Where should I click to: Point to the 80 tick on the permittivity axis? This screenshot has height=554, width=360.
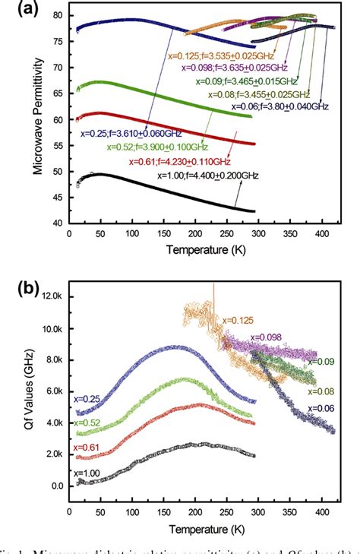[x=58, y=16]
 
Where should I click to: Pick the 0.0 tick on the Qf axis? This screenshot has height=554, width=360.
[x=57, y=486]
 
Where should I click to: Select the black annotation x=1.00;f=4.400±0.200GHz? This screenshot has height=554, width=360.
[x=207, y=175]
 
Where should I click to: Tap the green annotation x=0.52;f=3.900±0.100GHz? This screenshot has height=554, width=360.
[x=156, y=147]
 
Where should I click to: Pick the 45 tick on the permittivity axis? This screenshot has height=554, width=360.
[x=58, y=197]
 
